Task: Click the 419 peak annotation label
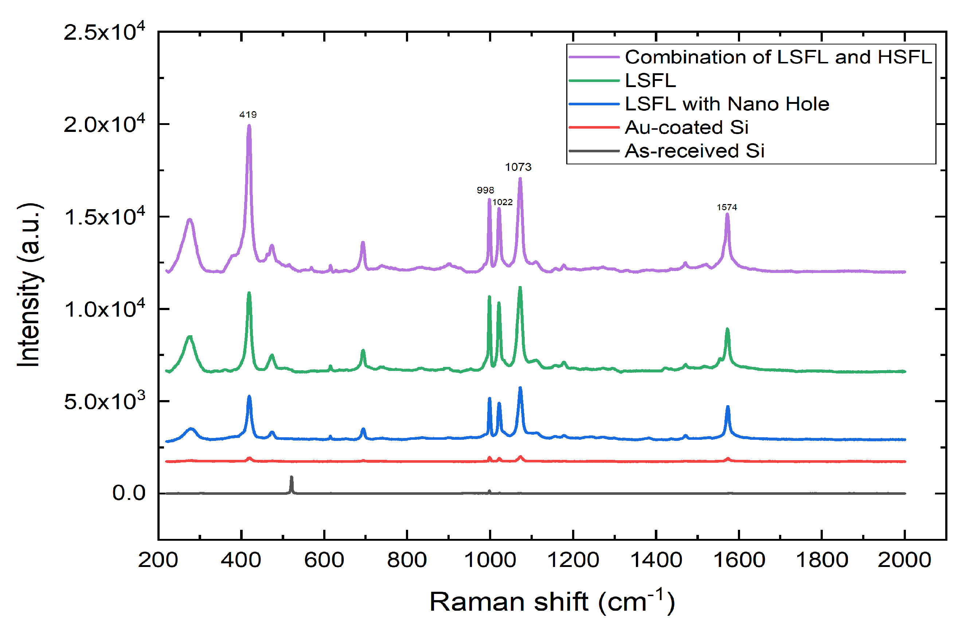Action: pyautogui.click(x=248, y=115)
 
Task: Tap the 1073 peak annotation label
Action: pyautogui.click(x=518, y=167)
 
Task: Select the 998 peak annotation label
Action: pyautogui.click(x=485, y=190)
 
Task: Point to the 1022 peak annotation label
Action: pyautogui.click(x=502, y=202)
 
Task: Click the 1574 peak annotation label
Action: pyautogui.click(x=727, y=207)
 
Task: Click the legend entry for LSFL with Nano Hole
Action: pyautogui.click(x=727, y=104)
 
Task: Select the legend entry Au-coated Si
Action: pyautogui.click(x=686, y=128)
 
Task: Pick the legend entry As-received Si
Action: pyautogui.click(x=695, y=151)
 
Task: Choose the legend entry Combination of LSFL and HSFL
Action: pyautogui.click(x=778, y=57)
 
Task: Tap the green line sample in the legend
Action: pyautogui.click(x=594, y=81)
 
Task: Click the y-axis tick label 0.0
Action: pyautogui.click(x=129, y=493)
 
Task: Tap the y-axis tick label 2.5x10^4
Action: pyautogui.click(x=104, y=32)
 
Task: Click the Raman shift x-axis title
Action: pyautogui.click(x=552, y=602)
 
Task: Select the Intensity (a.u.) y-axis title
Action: pyautogui.click(x=29, y=285)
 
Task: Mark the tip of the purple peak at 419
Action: pyautogui.click(x=249, y=126)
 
